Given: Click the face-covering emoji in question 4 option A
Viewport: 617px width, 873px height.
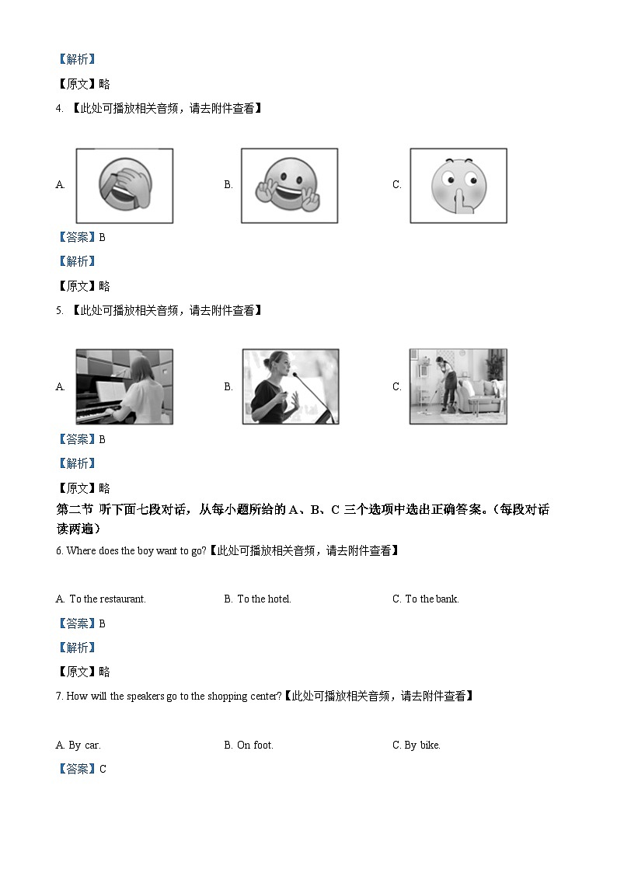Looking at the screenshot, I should tap(124, 186).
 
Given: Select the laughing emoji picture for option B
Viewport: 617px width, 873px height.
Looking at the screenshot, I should tap(289, 186).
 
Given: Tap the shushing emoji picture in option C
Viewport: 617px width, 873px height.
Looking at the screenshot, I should tap(458, 186).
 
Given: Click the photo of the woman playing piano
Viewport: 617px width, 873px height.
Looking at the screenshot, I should tap(124, 386).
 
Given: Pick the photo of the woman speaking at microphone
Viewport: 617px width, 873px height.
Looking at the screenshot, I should tap(290, 386).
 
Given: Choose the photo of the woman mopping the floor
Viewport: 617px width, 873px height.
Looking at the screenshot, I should tap(458, 386).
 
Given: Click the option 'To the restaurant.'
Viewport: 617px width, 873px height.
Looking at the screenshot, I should tap(107, 599).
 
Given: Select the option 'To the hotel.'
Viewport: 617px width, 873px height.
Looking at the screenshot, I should tap(263, 599).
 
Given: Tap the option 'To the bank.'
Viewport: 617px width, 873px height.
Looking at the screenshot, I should tap(432, 599).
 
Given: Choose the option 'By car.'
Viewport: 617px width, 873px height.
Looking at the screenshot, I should tap(85, 746).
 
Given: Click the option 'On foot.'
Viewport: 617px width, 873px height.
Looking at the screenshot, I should tap(255, 746).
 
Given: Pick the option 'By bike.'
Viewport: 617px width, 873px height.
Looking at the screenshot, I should tap(422, 746).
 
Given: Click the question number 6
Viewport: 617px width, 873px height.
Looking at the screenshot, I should tap(59, 551).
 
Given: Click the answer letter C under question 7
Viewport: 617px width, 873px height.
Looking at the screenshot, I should tap(103, 770).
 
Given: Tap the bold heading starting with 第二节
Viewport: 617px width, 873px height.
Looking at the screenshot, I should tap(303, 510).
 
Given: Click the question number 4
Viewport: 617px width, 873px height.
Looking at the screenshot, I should tap(59, 109).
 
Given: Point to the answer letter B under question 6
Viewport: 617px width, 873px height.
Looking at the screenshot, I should tap(103, 623).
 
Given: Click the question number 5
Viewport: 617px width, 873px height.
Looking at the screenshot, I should tap(59, 311).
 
